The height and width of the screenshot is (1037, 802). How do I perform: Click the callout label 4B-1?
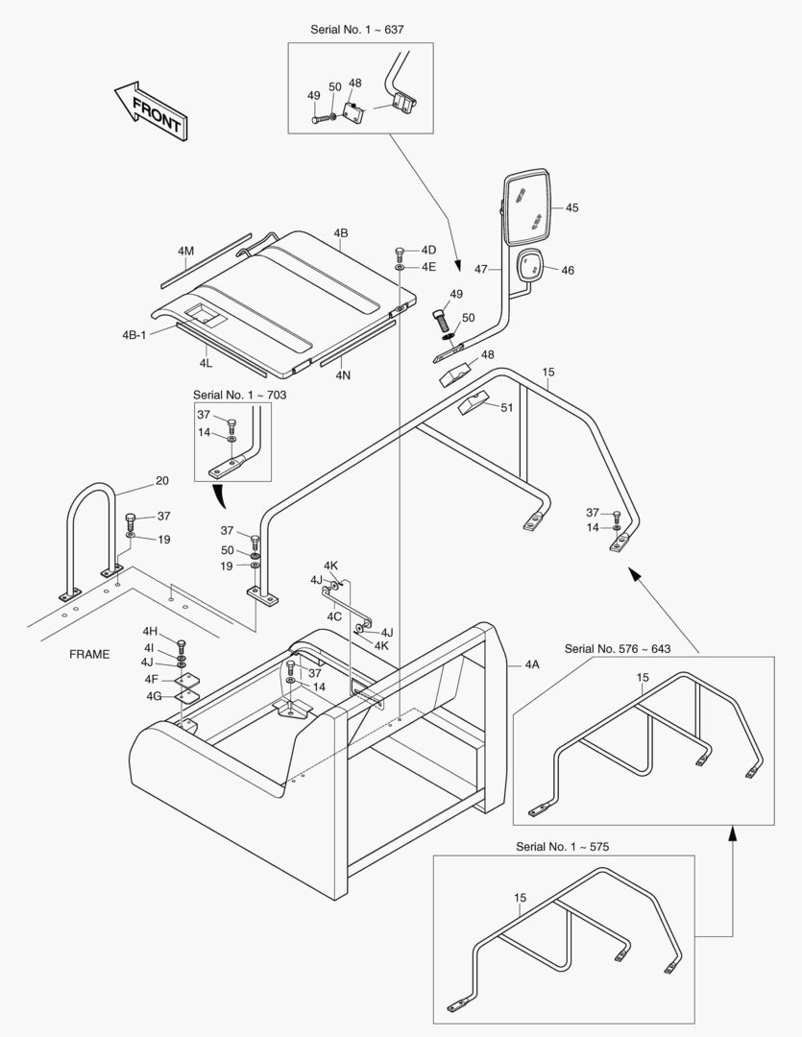pyautogui.click(x=134, y=335)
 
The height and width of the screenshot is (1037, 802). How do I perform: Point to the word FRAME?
pyautogui.click(x=89, y=655)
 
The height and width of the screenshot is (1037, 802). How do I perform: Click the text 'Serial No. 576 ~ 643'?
pyautogui.click(x=617, y=649)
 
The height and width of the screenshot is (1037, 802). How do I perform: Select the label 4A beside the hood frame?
pyautogui.click(x=532, y=663)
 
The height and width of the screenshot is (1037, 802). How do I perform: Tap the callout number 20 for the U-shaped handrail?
pyautogui.click(x=161, y=481)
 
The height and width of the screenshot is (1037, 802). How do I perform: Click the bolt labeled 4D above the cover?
pyautogui.click(x=400, y=253)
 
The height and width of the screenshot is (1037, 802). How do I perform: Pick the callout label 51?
pyautogui.click(x=506, y=407)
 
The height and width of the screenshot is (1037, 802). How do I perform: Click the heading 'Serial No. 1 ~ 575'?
pyautogui.click(x=562, y=847)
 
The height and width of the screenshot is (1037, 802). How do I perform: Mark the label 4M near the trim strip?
pyautogui.click(x=185, y=251)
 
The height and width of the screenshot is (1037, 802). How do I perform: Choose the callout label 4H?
pyautogui.click(x=150, y=631)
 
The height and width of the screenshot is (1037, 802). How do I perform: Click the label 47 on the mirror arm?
pyautogui.click(x=481, y=270)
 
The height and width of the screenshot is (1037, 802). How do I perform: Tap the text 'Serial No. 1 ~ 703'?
pyautogui.click(x=239, y=395)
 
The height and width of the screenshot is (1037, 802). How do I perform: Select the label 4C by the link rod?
pyautogui.click(x=334, y=615)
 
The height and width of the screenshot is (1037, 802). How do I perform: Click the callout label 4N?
pyautogui.click(x=343, y=375)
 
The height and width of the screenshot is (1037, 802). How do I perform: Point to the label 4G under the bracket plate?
pyautogui.click(x=153, y=695)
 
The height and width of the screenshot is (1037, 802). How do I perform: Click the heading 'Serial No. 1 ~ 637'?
pyautogui.click(x=357, y=30)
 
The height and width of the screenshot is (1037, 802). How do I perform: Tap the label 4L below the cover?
pyautogui.click(x=206, y=364)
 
